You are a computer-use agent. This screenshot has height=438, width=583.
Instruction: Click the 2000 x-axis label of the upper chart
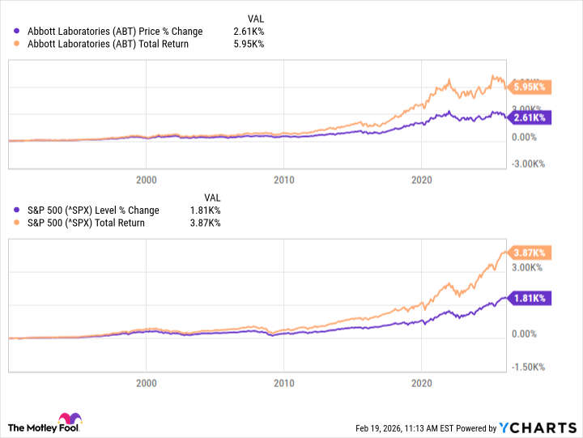(x=146, y=179)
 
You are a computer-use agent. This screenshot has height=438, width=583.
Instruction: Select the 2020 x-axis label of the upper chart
(x=420, y=179)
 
